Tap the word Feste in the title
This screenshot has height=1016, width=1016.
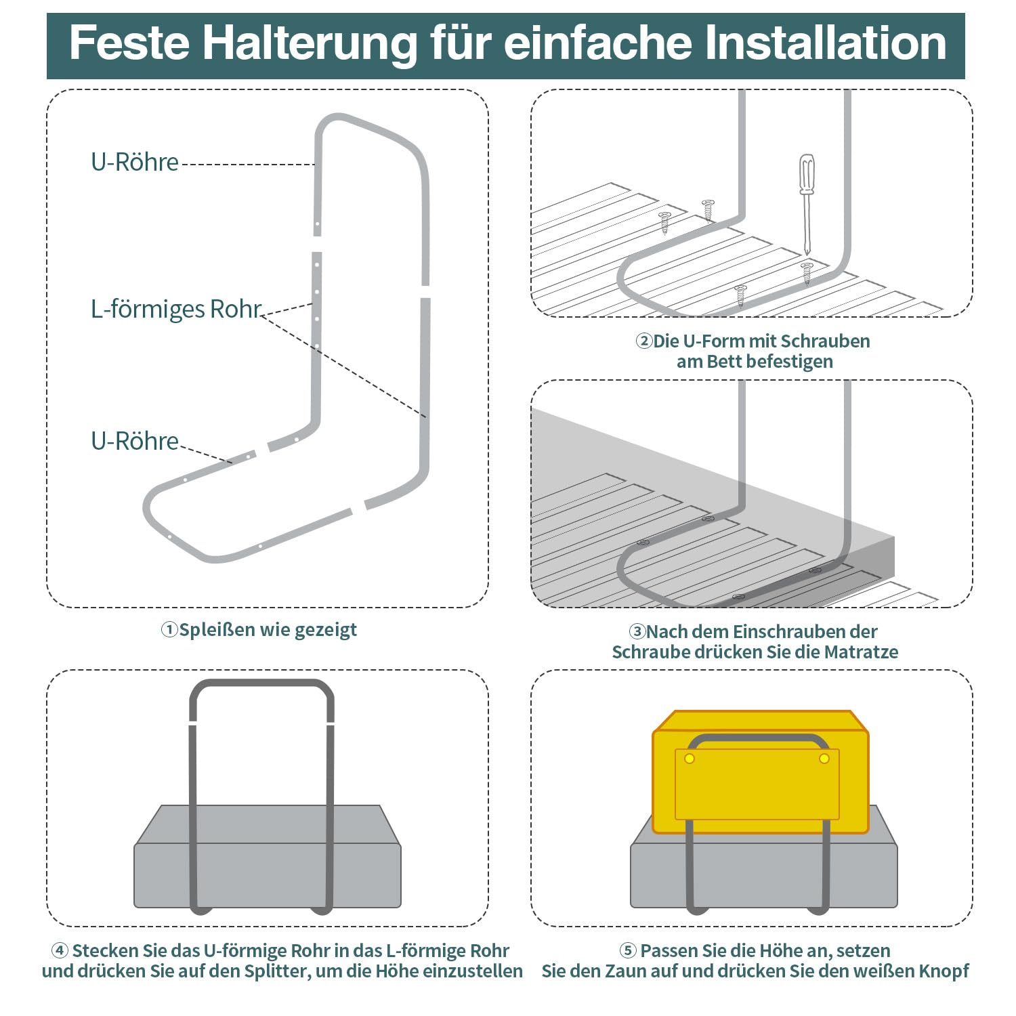129,43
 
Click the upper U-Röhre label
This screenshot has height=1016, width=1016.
135,162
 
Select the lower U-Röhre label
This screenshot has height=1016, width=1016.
135,441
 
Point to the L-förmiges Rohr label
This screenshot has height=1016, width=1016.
176,309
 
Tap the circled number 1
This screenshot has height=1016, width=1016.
169,630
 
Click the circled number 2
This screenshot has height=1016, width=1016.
643,341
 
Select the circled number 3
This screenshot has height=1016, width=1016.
637,632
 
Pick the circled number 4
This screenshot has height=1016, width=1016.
60,950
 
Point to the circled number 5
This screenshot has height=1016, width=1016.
628,950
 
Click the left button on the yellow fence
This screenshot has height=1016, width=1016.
690,759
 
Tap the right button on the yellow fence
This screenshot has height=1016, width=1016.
824,759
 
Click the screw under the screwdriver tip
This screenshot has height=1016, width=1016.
807,272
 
